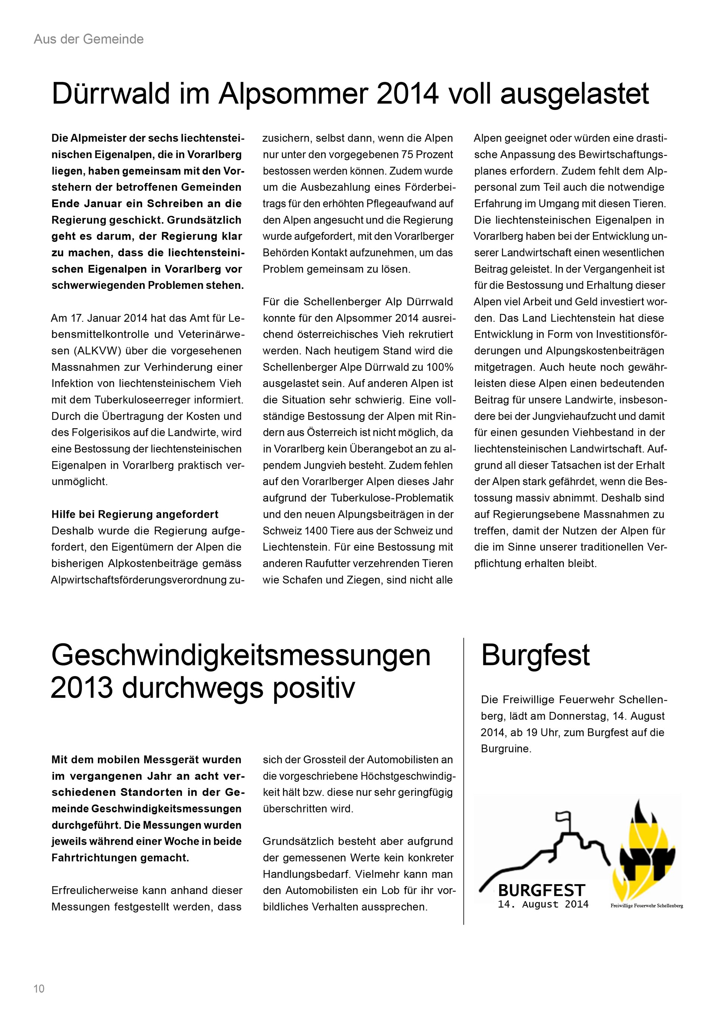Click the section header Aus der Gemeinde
pyautogui.click(x=89, y=39)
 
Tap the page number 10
pyautogui.click(x=39, y=989)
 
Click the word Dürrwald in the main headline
pyautogui.click(x=111, y=94)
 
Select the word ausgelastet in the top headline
pyautogui.click(x=574, y=94)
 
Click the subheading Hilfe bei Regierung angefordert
pyautogui.click(x=135, y=514)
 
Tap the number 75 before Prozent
pyautogui.click(x=408, y=155)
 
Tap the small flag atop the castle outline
pyautogui.click(x=562, y=819)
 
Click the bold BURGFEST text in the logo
pyautogui.click(x=541, y=890)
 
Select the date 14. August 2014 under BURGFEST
pyautogui.click(x=543, y=904)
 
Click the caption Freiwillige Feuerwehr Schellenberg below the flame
pyautogui.click(x=646, y=906)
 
